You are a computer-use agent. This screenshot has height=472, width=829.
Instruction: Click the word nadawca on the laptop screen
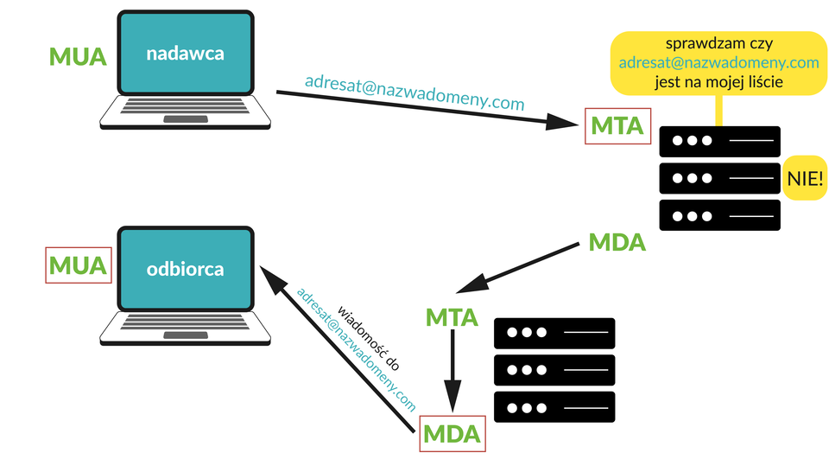coord(185,54)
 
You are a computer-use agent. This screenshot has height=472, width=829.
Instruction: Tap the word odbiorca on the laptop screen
coord(185,270)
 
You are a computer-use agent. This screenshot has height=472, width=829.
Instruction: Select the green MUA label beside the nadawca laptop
coord(78,56)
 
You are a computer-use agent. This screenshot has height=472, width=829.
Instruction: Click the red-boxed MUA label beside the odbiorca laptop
coord(79,265)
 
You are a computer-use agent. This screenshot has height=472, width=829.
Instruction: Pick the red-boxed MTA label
coord(617,126)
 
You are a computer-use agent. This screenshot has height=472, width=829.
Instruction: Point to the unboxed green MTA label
coord(452,317)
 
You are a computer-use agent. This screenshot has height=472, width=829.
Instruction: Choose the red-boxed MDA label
coord(452,434)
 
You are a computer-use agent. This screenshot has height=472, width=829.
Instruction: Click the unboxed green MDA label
coord(617,242)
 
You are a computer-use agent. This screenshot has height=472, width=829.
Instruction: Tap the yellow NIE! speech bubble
coord(805,178)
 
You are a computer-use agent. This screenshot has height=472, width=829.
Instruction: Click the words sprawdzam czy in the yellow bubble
coord(719,43)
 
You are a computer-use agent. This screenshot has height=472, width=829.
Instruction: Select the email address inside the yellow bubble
coord(719,62)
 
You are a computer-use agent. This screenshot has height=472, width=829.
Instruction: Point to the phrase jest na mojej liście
coord(719,82)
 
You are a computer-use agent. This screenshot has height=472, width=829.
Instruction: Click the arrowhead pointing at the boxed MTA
coord(561,123)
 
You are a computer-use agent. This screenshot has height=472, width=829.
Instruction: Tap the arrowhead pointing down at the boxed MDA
coord(452,396)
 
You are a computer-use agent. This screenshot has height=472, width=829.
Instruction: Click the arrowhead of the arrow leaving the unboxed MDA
coord(472,284)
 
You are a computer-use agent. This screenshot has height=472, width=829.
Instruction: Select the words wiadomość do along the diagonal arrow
coord(369,338)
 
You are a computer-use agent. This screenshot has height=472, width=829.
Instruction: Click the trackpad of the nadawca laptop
coord(186,119)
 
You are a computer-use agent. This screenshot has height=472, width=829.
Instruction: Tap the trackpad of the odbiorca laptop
coord(186,335)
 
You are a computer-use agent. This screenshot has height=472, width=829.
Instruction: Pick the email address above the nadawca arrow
coord(414,92)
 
